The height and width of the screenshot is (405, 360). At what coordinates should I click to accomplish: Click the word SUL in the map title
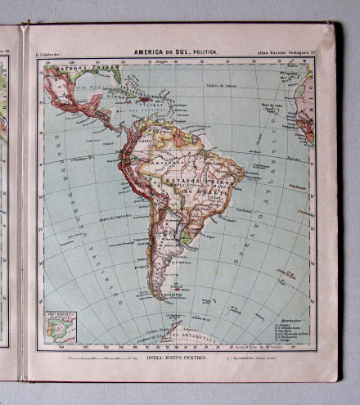coord(180,52)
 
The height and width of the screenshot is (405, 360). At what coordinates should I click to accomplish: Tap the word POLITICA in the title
coord(205,52)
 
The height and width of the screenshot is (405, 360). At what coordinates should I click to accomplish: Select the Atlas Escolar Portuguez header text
coord(282,53)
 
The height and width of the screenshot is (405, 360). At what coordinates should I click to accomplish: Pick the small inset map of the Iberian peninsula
coord(59,326)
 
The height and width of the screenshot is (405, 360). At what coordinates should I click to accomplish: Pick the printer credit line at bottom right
coord(291,358)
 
